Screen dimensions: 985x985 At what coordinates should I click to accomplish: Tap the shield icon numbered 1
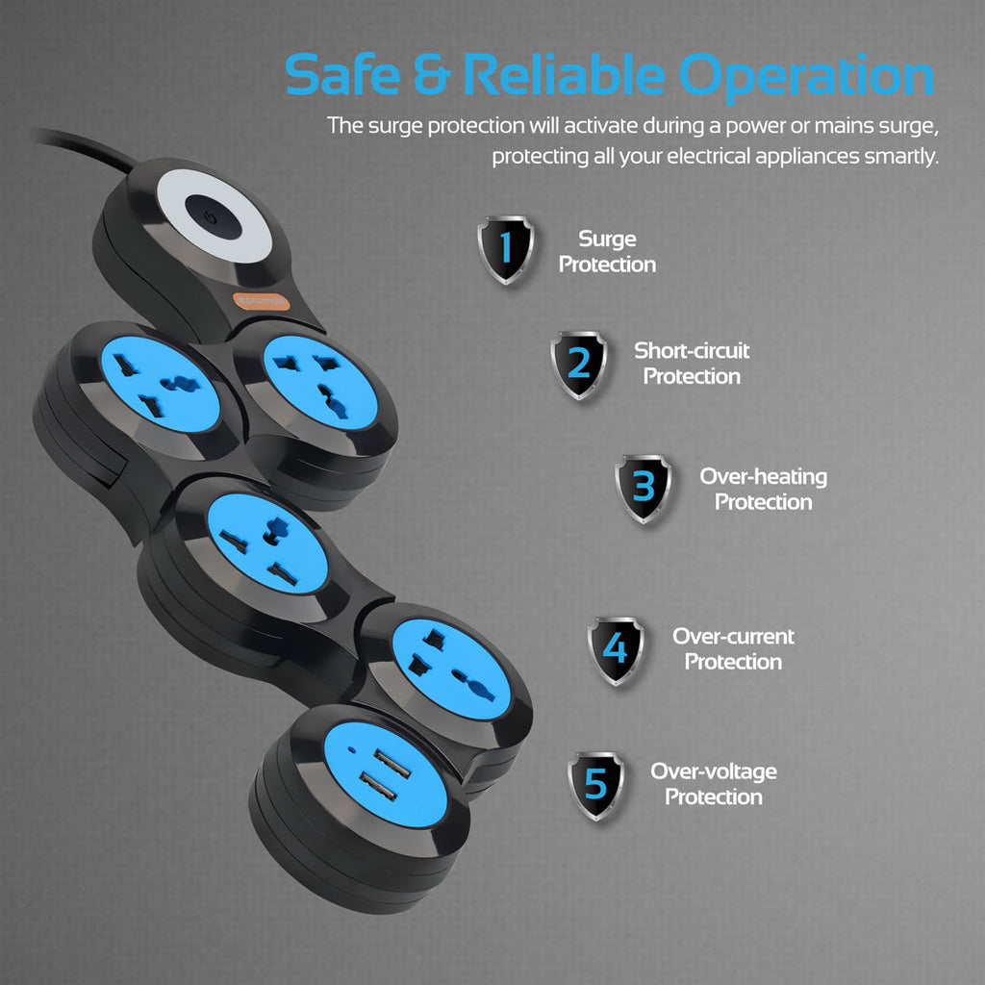(506, 249)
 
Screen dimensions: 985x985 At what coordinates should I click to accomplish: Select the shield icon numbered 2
(579, 365)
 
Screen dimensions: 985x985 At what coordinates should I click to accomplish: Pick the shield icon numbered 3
(644, 488)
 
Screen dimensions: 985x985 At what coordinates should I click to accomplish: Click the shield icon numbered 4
(616, 649)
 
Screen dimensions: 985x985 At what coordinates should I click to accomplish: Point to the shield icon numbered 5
(595, 785)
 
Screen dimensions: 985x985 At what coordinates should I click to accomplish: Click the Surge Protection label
(607, 251)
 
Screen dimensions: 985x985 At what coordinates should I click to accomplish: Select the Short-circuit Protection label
(692, 363)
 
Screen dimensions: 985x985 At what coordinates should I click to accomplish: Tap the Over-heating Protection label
(763, 489)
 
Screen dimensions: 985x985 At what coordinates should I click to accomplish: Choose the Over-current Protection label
(733, 648)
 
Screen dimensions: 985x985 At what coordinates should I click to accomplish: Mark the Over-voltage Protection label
(713, 784)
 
